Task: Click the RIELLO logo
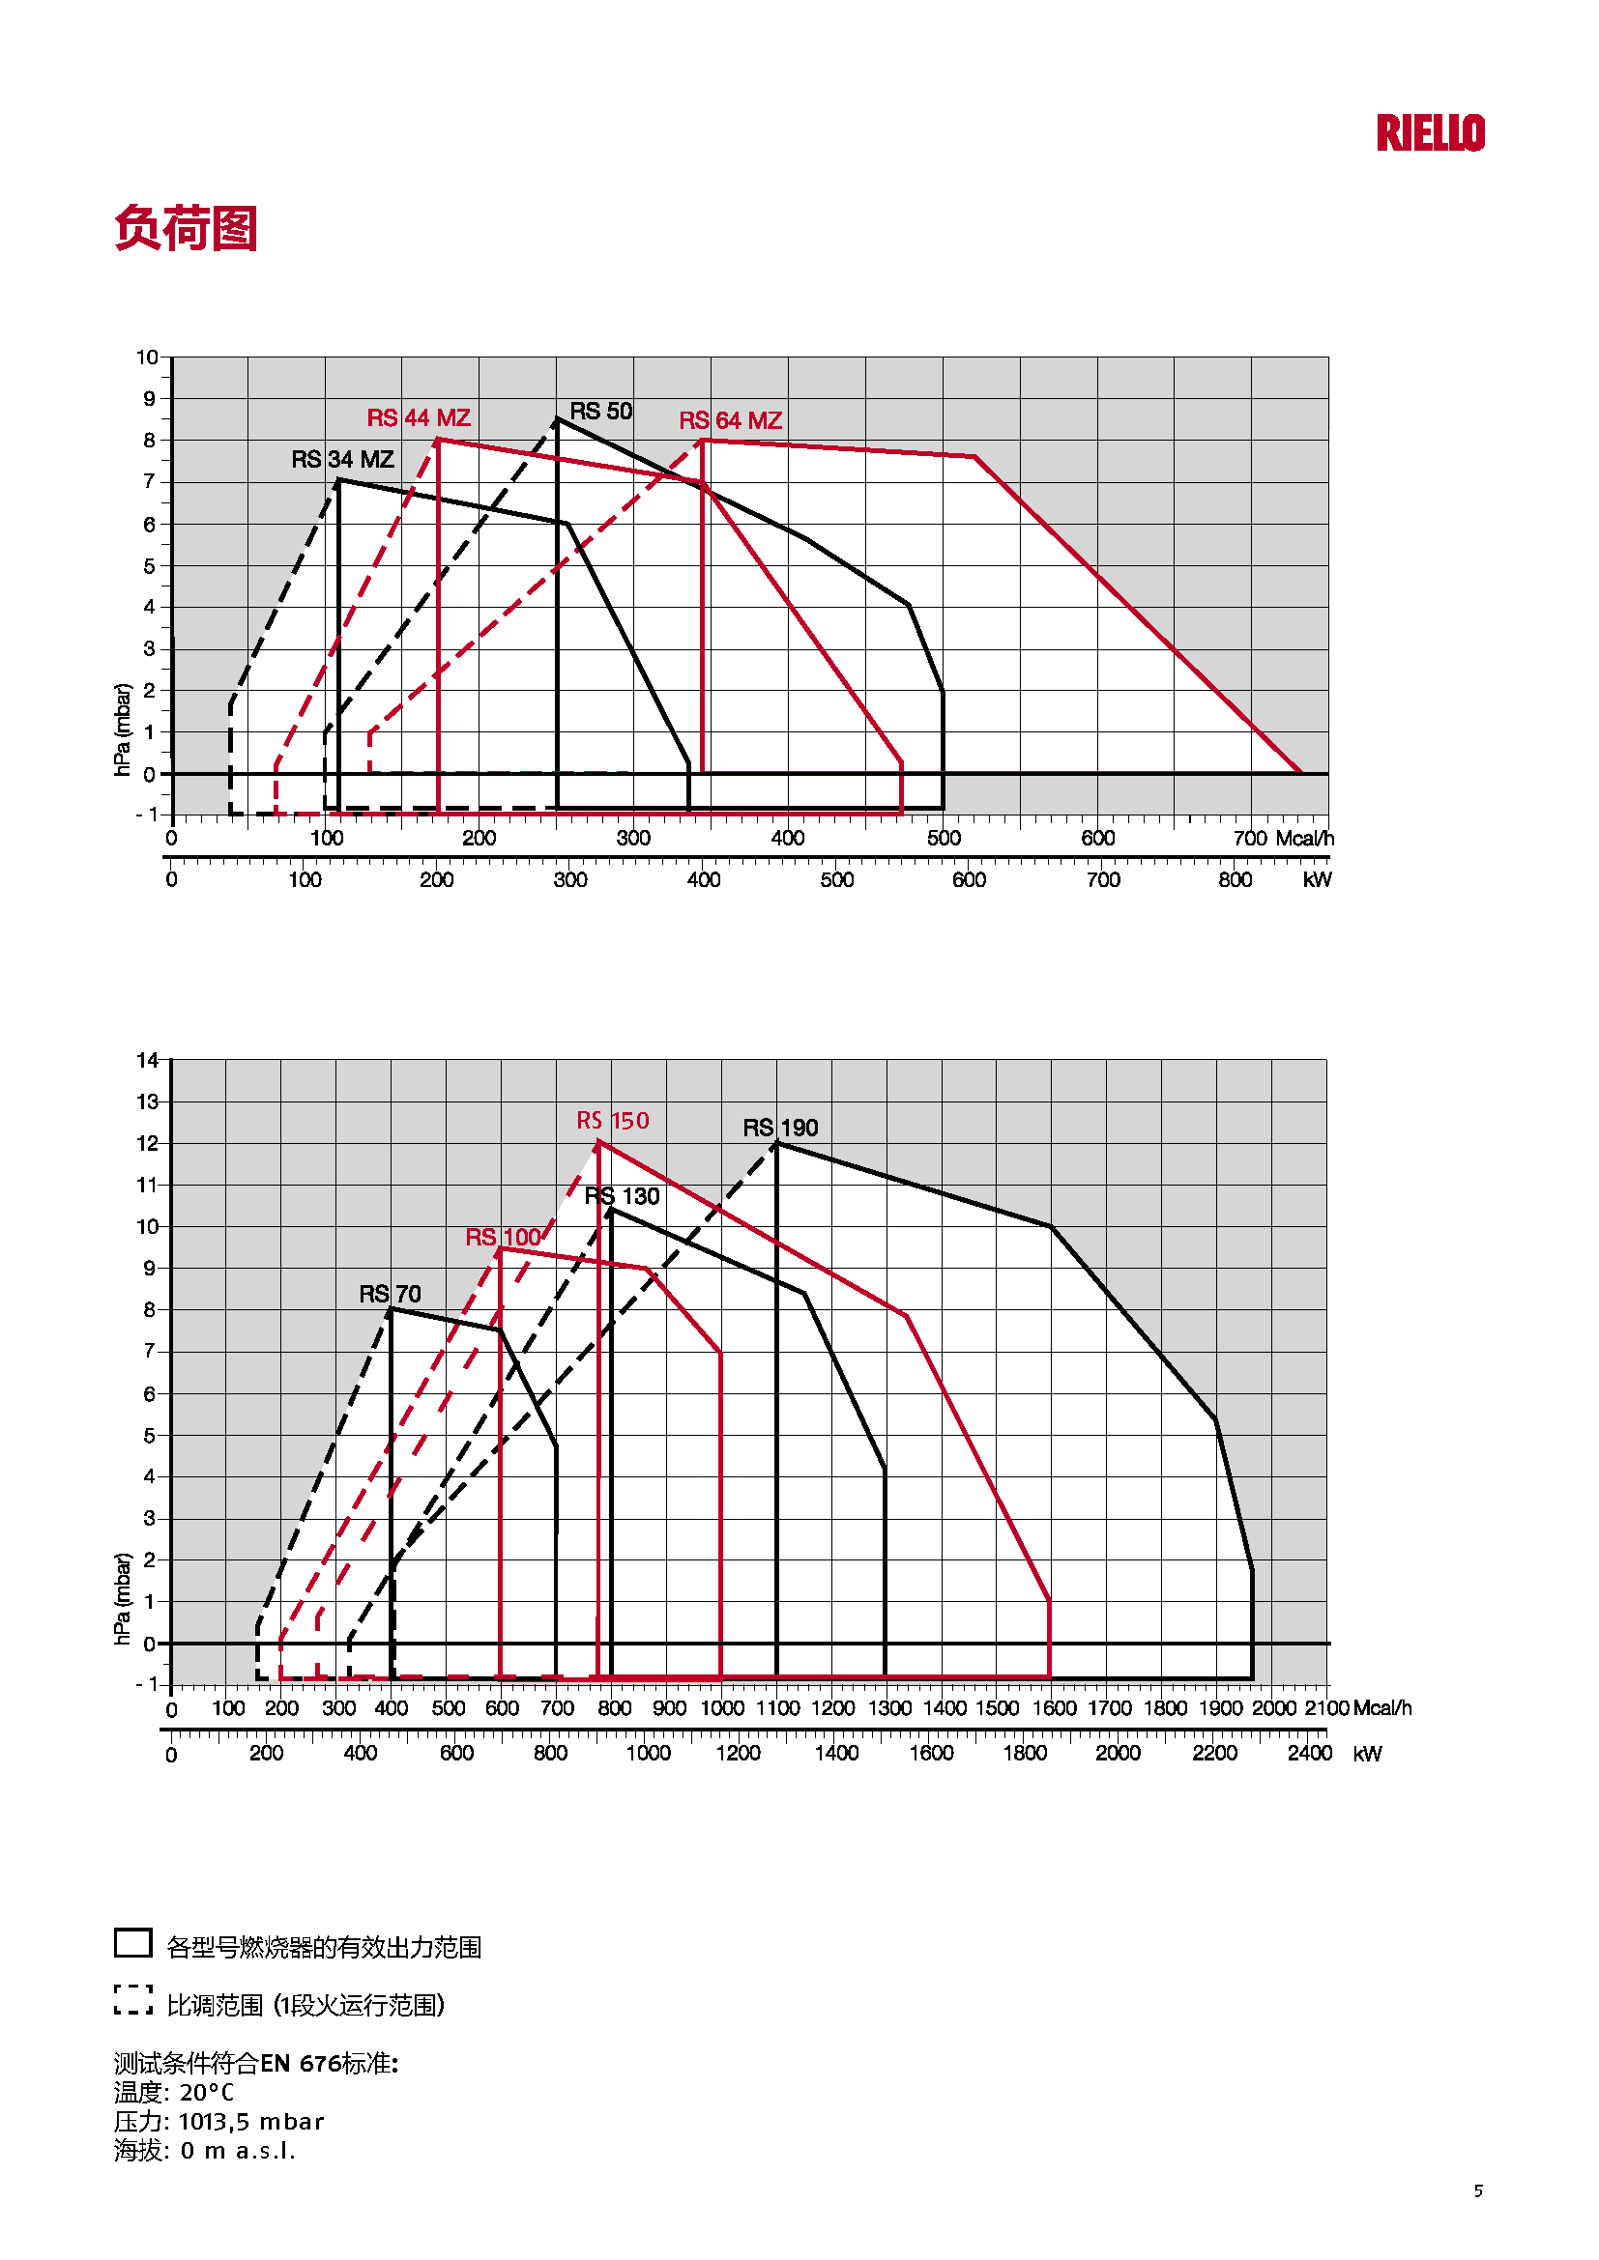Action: tap(1430, 133)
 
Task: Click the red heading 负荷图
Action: tap(186, 228)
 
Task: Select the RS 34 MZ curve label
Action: tap(342, 460)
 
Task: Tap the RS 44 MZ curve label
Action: tap(419, 418)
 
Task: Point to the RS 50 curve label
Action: tap(600, 412)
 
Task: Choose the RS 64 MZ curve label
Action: tap(731, 421)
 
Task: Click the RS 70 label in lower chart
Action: tap(390, 1294)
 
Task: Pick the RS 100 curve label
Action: tap(503, 1238)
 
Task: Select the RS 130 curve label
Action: tap(623, 1196)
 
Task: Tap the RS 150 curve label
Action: tap(612, 1121)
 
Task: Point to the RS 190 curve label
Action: tap(780, 1128)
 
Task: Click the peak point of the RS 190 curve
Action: tap(777, 1143)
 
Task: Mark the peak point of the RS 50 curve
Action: tap(557, 419)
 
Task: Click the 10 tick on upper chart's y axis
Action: tap(148, 358)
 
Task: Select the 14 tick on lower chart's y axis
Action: tap(148, 1060)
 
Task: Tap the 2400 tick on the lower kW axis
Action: tap(1310, 1753)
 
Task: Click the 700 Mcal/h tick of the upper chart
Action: tap(1250, 839)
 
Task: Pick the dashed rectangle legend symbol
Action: tap(132, 1999)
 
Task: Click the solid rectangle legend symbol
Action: tap(132, 1942)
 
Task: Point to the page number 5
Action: tap(1478, 2190)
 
